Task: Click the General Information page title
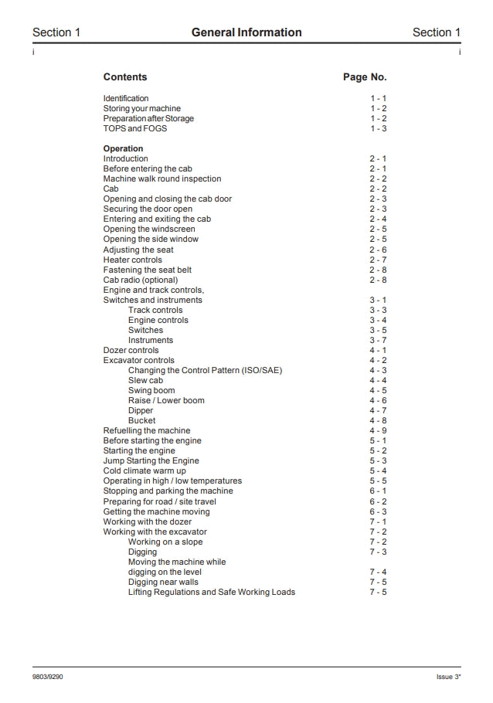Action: [246, 32]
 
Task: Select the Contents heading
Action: [125, 77]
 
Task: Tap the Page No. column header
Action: [365, 77]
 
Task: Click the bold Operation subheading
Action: [124, 148]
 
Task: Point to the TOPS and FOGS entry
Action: [135, 128]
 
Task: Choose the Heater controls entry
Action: [133, 260]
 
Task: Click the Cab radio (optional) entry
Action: [141, 280]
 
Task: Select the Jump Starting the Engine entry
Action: [151, 460]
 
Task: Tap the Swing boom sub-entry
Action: [151, 390]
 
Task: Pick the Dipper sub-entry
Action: [141, 410]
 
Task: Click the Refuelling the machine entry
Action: [147, 430]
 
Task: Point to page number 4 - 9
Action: [378, 430]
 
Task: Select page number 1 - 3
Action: [378, 128]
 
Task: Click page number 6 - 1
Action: [378, 491]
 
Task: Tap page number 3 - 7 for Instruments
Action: [378, 340]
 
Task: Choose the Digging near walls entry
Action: [163, 582]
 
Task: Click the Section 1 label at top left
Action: [56, 32]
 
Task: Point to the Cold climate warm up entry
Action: [144, 470]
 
